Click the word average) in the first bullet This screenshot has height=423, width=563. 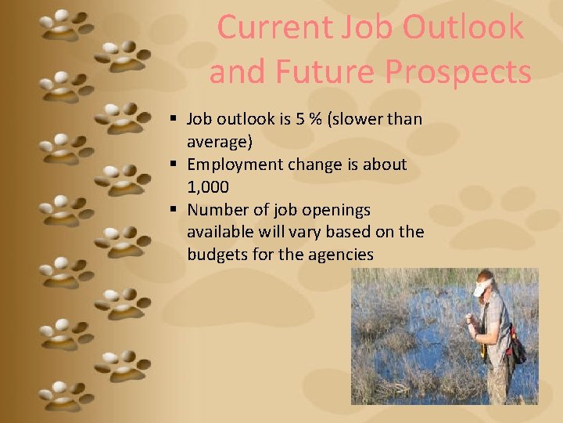pos(220,142)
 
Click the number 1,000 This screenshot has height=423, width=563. pos(208,187)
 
